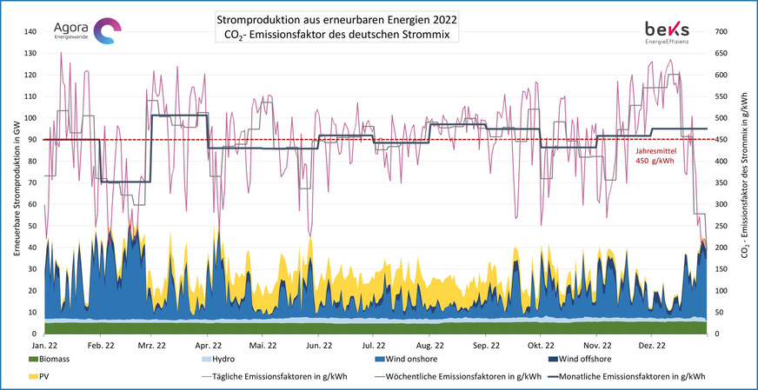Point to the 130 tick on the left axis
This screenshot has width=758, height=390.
tap(32, 53)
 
